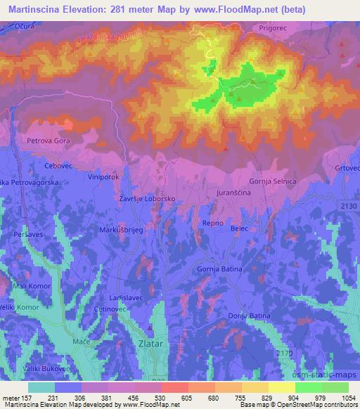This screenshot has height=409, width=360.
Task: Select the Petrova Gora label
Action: pyautogui.click(x=46, y=141)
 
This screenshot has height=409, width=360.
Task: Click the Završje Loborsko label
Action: pyautogui.click(x=147, y=199)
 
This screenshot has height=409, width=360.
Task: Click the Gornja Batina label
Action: pyautogui.click(x=219, y=269)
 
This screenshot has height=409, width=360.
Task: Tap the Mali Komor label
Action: pyautogui.click(x=32, y=286)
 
